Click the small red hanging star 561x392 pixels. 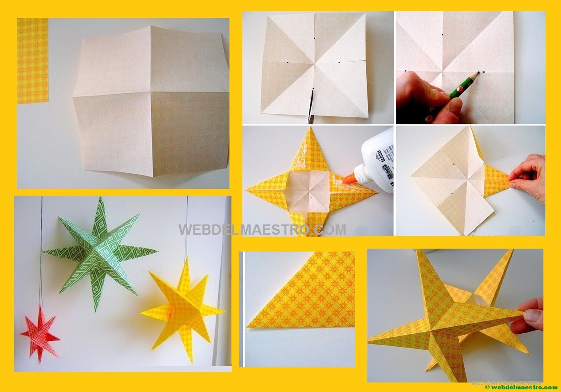coord(40,333)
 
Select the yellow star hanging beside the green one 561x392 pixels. coord(184,307)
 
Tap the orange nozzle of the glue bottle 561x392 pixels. coord(349,179)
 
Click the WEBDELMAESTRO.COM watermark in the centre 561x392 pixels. coord(262,229)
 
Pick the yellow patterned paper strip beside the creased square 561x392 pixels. coord(32,60)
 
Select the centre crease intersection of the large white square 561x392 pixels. coord(151,91)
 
